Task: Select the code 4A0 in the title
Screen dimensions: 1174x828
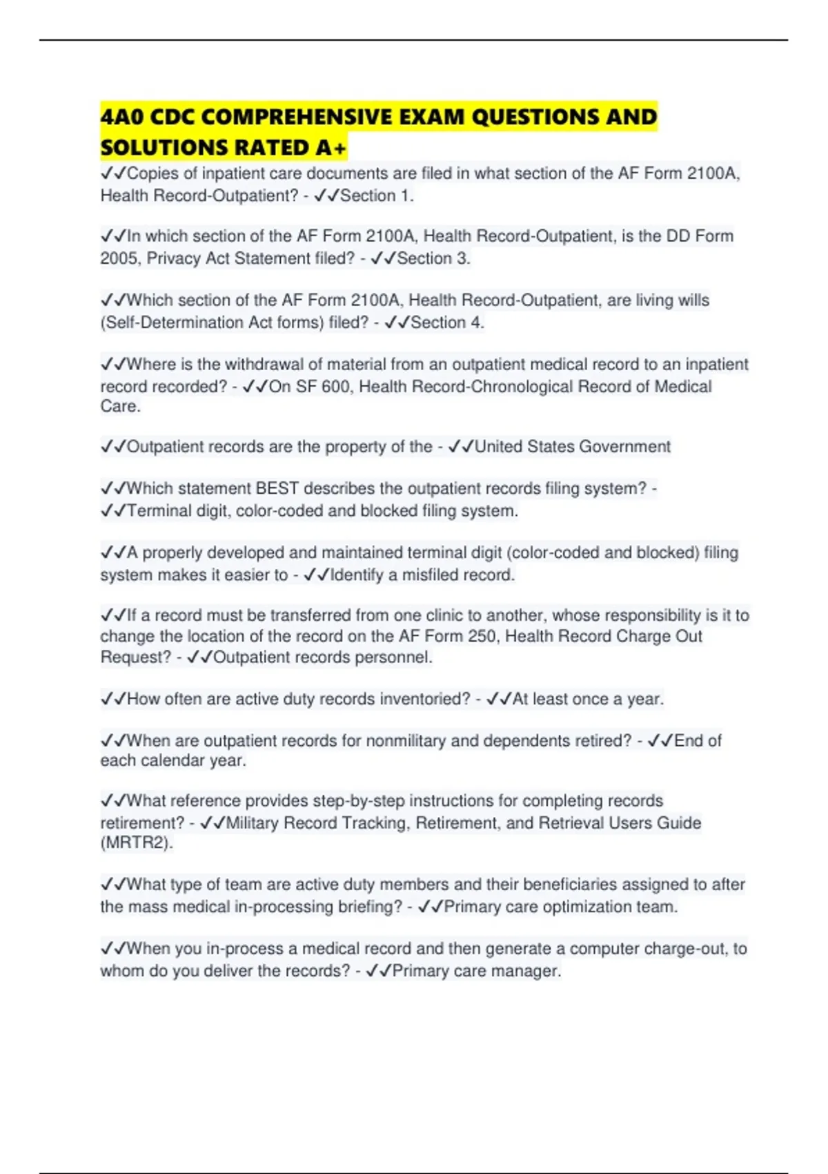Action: [122, 117]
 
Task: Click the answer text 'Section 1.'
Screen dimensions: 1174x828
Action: [377, 196]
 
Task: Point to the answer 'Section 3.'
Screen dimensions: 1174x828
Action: [433, 259]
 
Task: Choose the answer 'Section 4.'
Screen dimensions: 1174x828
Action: [447, 323]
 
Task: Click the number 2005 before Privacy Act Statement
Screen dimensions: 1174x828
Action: [120, 259]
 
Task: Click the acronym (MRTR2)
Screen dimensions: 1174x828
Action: [137, 843]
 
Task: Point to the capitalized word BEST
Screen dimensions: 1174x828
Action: [277, 489]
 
